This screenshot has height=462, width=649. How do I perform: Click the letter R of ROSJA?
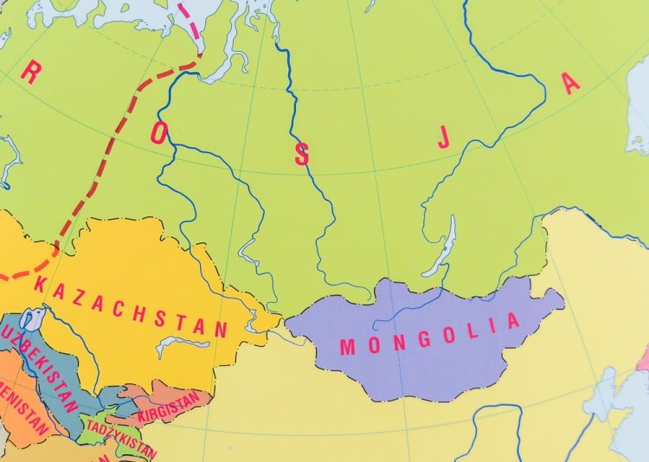click(29, 74)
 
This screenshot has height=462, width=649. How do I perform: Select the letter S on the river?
click(301, 155)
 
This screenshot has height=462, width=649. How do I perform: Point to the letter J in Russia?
click(444, 138)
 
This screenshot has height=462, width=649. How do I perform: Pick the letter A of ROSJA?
click(569, 84)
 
